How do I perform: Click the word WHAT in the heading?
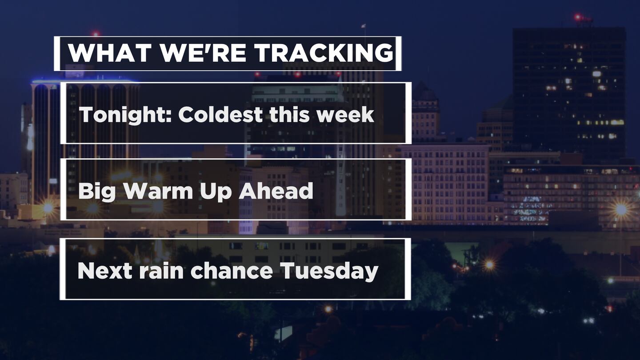tap(110, 53)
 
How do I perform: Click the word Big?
tap(97, 192)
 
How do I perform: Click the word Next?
tap(105, 271)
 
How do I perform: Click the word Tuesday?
tap(329, 272)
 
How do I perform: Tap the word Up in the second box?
tap(216, 192)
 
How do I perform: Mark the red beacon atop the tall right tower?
tap(578, 17)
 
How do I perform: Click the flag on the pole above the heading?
tap(363, 26)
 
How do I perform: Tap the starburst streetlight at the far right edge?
tap(621, 209)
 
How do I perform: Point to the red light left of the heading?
tap(96, 34)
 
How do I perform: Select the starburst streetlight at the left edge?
tap(48, 208)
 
